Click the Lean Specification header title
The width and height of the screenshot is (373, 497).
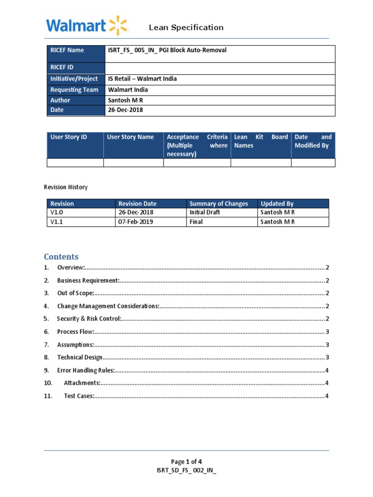click(x=186, y=28)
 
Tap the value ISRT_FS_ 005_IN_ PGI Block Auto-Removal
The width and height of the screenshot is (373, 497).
click(x=167, y=50)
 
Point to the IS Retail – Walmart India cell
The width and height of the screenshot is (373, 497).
click(x=142, y=79)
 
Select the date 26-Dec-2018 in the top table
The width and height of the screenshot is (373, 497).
click(x=125, y=110)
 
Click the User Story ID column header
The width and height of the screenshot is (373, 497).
click(x=69, y=137)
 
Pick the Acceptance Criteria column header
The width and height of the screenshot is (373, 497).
click(x=197, y=146)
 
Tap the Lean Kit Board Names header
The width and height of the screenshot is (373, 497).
click(x=260, y=141)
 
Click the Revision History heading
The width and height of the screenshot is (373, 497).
click(x=66, y=187)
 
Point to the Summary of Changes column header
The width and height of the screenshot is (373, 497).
click(x=219, y=204)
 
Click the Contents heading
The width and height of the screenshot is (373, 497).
click(x=61, y=257)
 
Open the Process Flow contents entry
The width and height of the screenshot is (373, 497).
click(x=75, y=332)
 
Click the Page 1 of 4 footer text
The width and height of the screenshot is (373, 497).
click(x=186, y=462)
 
